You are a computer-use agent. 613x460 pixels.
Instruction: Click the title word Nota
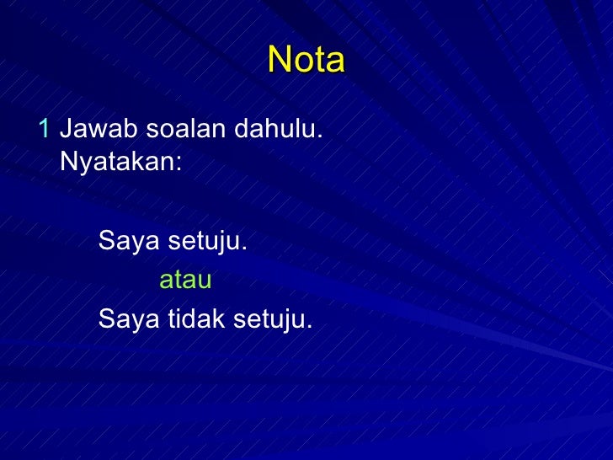pos(306,61)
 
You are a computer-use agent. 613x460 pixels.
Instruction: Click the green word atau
pos(185,281)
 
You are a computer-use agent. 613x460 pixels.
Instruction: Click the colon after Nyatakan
pos(178,163)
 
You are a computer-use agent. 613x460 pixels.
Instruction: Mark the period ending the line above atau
pos(245,249)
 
